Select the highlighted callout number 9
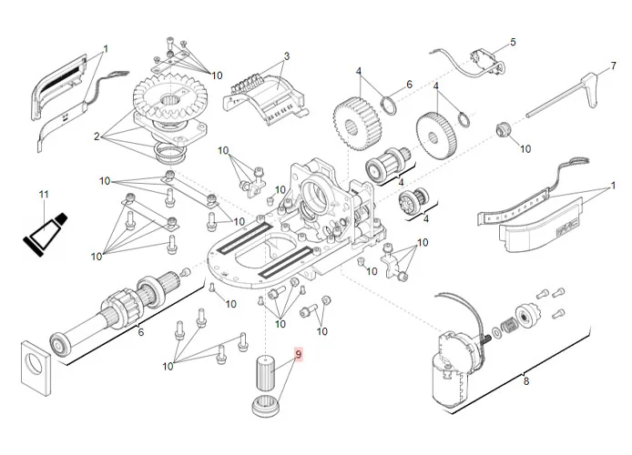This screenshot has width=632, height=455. (296, 353)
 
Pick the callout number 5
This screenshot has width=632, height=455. (512, 42)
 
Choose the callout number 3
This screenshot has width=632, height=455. (286, 56)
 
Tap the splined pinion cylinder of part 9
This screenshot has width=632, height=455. (263, 373)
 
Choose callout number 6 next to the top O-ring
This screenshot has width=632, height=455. (409, 85)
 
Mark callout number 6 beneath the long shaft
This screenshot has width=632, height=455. (139, 331)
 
